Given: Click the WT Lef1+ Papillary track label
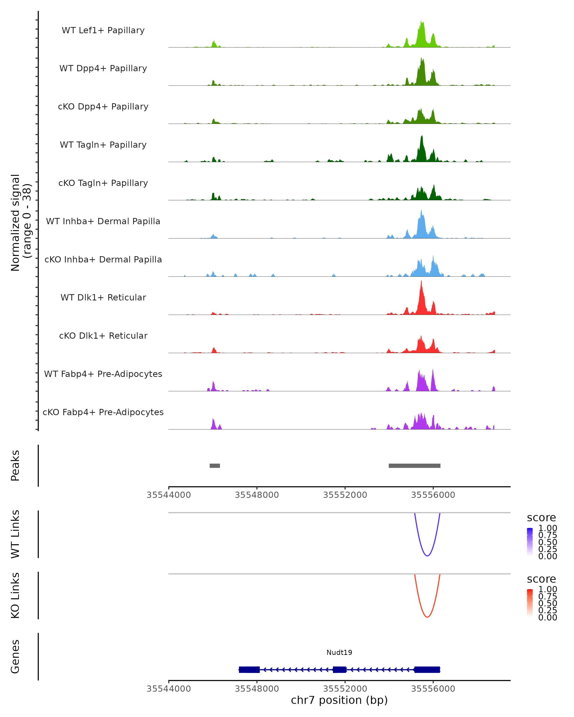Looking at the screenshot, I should tap(103, 30).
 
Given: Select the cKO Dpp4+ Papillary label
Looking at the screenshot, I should tap(103, 107).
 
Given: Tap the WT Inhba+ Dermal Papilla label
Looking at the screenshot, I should tap(103, 222).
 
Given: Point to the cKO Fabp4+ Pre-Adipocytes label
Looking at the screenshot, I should tap(103, 412).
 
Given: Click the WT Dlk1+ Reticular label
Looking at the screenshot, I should tap(103, 298).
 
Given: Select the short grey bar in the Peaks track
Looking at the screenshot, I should tap(215, 466).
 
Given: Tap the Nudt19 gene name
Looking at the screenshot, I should tap(339, 652).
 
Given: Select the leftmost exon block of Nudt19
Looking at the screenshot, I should tap(249, 669).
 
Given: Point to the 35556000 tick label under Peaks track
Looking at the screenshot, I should tap(433, 495).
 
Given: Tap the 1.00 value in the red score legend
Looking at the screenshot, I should tap(547, 589).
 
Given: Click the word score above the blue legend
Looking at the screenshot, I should tap(541, 518).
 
